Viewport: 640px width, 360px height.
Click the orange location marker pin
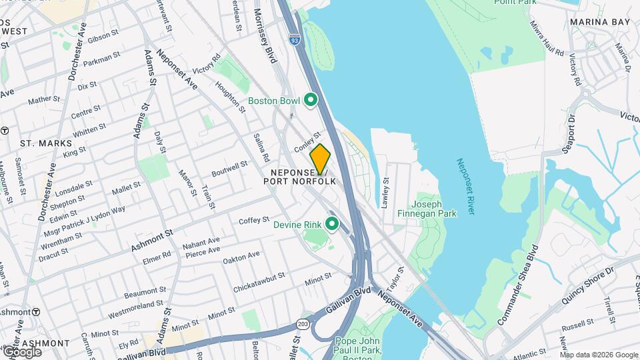click(320, 159)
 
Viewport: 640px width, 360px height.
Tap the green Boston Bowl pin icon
click(310, 101)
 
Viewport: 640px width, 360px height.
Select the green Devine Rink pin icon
click(331, 225)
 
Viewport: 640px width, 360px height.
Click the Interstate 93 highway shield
click(295, 40)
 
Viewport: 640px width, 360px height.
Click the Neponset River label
click(465, 186)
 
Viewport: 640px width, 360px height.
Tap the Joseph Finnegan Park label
click(434, 209)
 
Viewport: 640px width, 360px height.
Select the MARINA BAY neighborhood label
click(600, 22)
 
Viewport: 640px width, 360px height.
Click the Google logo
click(22, 351)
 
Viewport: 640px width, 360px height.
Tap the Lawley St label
click(385, 193)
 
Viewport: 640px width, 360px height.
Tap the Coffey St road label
click(253, 220)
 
